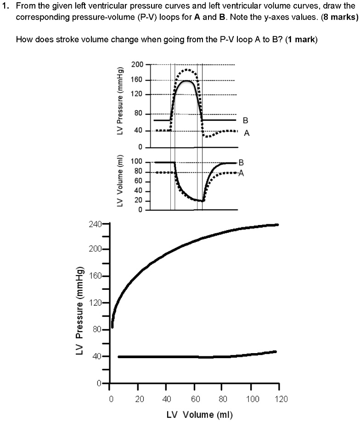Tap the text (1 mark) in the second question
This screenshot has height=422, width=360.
(301, 39)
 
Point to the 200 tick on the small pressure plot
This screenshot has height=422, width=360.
(137, 64)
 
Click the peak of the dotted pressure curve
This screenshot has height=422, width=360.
(186, 70)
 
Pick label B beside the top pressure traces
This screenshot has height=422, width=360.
(245, 121)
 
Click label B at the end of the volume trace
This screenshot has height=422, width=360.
(241, 162)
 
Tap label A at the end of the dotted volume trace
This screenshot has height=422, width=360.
(241, 174)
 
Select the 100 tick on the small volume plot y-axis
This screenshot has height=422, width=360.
(137, 162)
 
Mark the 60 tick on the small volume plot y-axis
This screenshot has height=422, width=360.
(138, 181)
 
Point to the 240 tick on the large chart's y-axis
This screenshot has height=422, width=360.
(95, 224)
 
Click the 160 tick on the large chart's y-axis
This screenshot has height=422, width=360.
(95, 276)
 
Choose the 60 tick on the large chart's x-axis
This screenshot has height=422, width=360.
(195, 399)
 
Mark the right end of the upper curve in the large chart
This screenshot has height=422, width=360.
(277, 225)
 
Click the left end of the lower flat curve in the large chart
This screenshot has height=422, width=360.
(119, 357)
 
